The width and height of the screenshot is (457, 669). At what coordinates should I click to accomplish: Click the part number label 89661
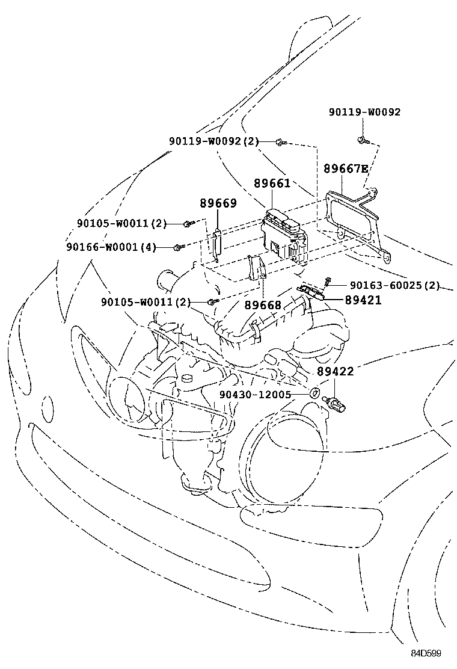click(272, 183)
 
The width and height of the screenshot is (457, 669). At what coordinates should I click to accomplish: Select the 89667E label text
click(346, 168)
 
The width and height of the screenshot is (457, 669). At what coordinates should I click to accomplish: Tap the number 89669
click(218, 203)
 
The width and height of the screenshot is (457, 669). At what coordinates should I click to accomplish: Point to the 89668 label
click(263, 305)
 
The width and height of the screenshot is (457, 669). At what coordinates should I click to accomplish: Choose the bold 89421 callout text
click(363, 300)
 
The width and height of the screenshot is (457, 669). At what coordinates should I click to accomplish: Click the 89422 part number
click(336, 372)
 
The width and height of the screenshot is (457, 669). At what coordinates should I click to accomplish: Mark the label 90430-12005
click(255, 395)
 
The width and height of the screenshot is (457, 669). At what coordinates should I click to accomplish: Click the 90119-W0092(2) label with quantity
click(213, 141)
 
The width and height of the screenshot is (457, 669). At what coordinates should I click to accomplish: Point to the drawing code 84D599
click(427, 653)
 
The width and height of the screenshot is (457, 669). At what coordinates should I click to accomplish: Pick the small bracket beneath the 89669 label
click(216, 244)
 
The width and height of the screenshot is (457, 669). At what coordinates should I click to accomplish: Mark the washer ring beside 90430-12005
click(314, 394)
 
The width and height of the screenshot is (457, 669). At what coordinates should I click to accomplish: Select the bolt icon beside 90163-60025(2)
click(328, 281)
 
